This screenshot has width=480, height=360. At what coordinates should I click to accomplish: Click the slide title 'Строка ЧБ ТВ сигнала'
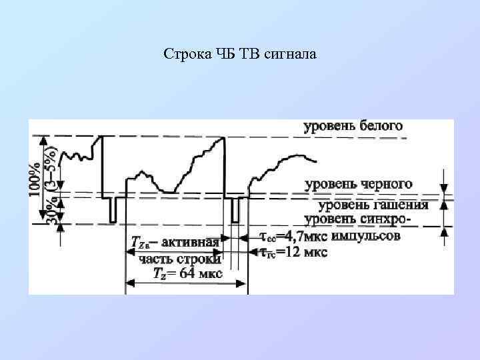(x=239, y=53)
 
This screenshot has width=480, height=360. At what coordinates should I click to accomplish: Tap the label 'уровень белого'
(x=353, y=126)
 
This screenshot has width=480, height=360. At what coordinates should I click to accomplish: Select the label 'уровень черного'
(x=358, y=183)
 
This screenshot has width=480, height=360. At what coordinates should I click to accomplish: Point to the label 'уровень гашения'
(x=373, y=205)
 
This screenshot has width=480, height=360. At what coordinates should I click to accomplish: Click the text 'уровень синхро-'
(x=357, y=219)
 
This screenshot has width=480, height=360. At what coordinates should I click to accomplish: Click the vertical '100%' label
(x=34, y=179)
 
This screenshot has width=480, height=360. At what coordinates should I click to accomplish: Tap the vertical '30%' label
(x=51, y=209)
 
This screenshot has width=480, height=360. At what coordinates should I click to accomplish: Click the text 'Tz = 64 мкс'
(x=187, y=273)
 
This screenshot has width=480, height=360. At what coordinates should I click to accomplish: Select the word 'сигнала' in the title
(x=292, y=53)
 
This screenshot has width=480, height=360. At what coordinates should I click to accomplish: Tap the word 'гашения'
(x=402, y=205)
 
